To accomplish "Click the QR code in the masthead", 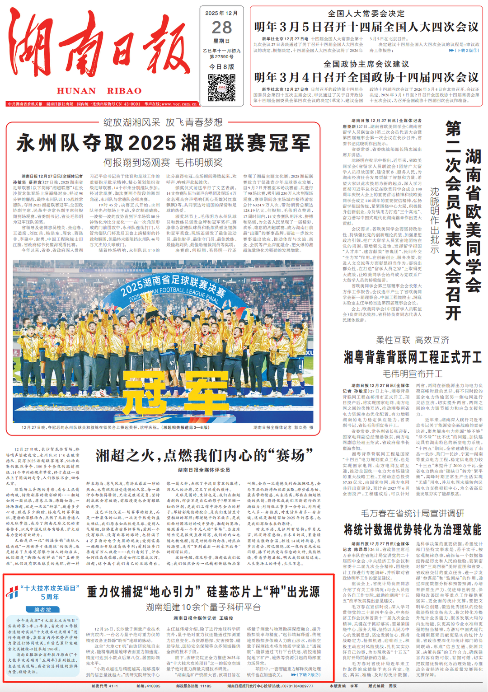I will [221, 88].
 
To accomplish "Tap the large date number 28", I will [222, 28].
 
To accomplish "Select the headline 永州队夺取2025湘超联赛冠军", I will [163, 143].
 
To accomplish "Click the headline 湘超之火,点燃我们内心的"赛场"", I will [204, 455].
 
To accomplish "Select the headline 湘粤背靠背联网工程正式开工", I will [413, 358].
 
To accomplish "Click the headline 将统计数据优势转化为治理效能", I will [413, 529].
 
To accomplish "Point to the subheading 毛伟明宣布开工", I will [413, 374].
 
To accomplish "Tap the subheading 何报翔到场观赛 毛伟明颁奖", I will [163, 162].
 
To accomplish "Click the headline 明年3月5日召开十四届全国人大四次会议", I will [366, 27].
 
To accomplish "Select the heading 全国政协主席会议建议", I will [366, 64].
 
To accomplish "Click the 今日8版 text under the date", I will [221, 66].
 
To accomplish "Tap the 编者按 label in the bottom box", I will [43, 609].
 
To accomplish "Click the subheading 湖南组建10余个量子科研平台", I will [203, 607].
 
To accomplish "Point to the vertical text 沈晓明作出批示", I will [434, 220].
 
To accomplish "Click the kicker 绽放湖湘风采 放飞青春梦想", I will [163, 122].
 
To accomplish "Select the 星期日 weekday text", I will [221, 41].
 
